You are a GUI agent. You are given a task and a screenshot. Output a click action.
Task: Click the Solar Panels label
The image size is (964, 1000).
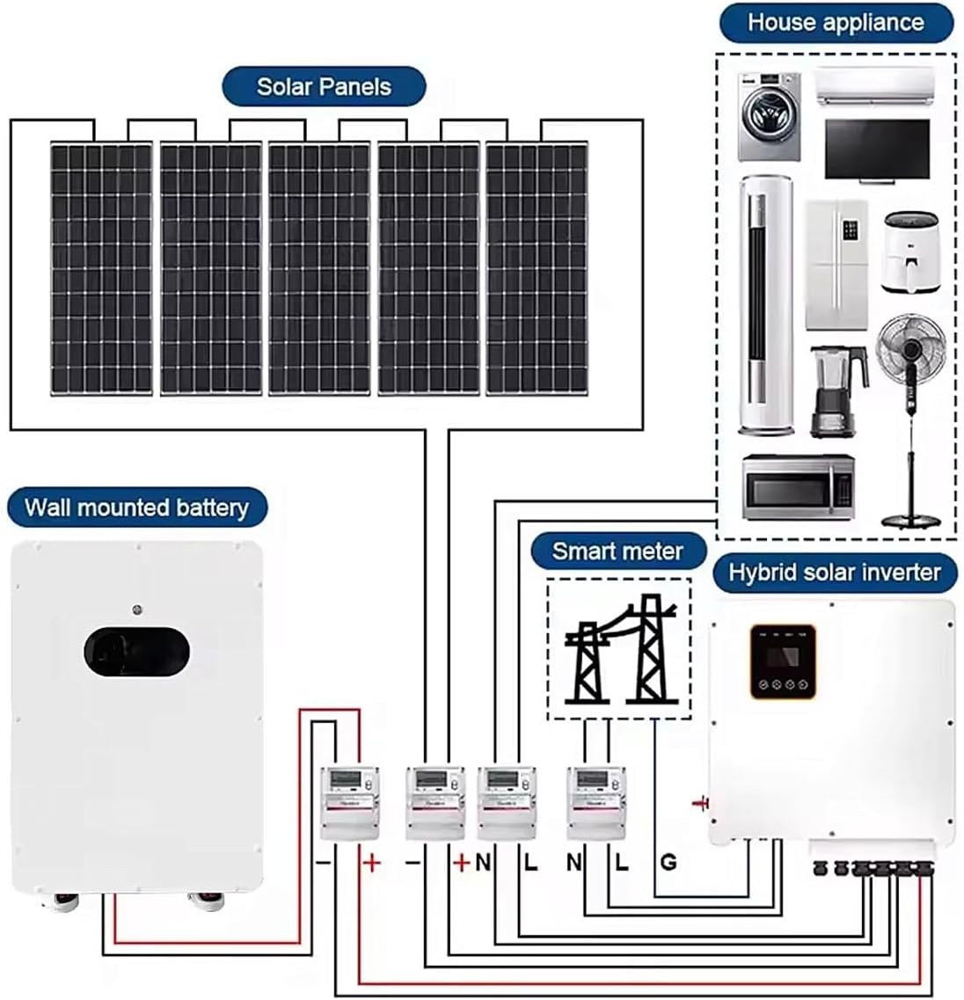tap(324, 87)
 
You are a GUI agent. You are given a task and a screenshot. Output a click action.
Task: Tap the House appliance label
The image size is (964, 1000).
tap(836, 23)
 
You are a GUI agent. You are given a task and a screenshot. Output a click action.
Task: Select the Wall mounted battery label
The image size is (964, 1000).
tap(136, 507)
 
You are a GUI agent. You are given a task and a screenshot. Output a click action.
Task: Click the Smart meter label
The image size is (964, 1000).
tap(617, 551)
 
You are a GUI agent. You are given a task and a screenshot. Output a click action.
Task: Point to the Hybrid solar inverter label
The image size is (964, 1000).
tap(834, 573)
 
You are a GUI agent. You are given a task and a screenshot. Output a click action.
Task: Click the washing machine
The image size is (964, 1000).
tap(769, 117)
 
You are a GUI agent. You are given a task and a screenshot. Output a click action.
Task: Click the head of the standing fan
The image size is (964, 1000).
tap(910, 348)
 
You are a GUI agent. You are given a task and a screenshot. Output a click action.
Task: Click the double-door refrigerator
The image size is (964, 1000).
tap(836, 265)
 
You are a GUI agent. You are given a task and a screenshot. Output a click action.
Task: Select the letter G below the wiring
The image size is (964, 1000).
tap(668, 862)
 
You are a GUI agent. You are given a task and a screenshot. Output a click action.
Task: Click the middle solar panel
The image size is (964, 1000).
tap(319, 268)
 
